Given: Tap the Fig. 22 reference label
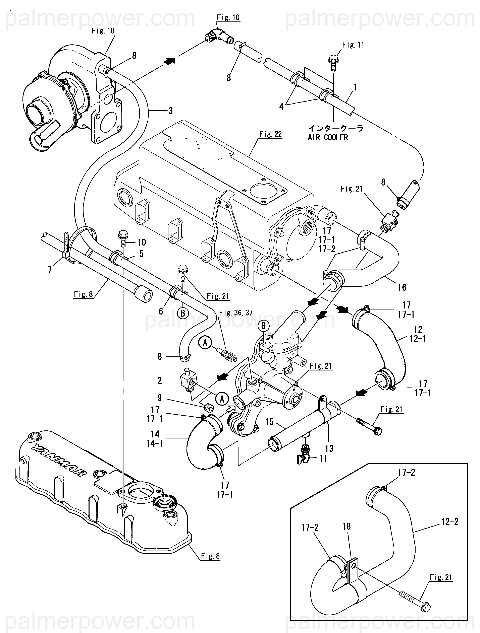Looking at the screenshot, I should [x=270, y=134].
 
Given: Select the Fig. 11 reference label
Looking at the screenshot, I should [x=353, y=45].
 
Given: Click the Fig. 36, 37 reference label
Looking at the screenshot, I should [x=236, y=313].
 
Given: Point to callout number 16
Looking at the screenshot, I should [x=402, y=287].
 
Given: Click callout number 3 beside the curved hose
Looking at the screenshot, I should [x=170, y=111].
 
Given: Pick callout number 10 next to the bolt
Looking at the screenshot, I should [x=142, y=243].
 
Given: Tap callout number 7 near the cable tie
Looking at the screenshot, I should [x=50, y=270].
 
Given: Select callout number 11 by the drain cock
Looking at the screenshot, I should [x=323, y=459].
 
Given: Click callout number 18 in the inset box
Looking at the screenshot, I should [x=346, y=526].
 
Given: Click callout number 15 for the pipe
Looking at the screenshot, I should [x=269, y=422].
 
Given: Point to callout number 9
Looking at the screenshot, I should [x=160, y=398].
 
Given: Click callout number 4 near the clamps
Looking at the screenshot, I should [x=281, y=107].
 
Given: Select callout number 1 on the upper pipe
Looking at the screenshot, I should [x=355, y=87].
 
